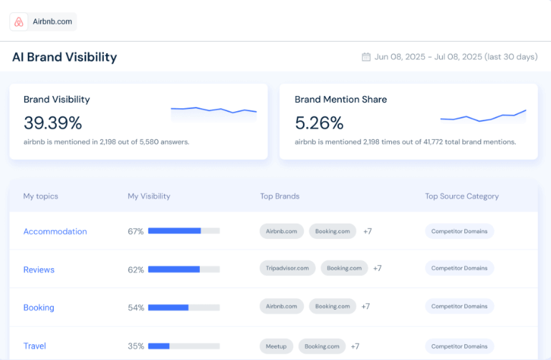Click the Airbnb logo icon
[19, 22]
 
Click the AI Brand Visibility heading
[64, 57]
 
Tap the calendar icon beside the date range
[366, 57]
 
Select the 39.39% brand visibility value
[52, 123]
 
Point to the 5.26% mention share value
[319, 123]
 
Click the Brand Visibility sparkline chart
[214, 110]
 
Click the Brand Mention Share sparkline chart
[483, 116]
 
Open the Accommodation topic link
[55, 232]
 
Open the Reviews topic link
[39, 270]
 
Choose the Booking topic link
[39, 308]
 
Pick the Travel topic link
[34, 346]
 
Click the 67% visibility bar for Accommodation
[183, 231]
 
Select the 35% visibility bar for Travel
[183, 346]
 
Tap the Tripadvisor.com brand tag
[287, 268]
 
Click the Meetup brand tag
[276, 346]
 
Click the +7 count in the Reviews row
[377, 268]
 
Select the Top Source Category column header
[461, 196]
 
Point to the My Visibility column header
[149, 196]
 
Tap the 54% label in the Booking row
[135, 308]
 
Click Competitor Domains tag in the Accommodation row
[459, 231]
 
